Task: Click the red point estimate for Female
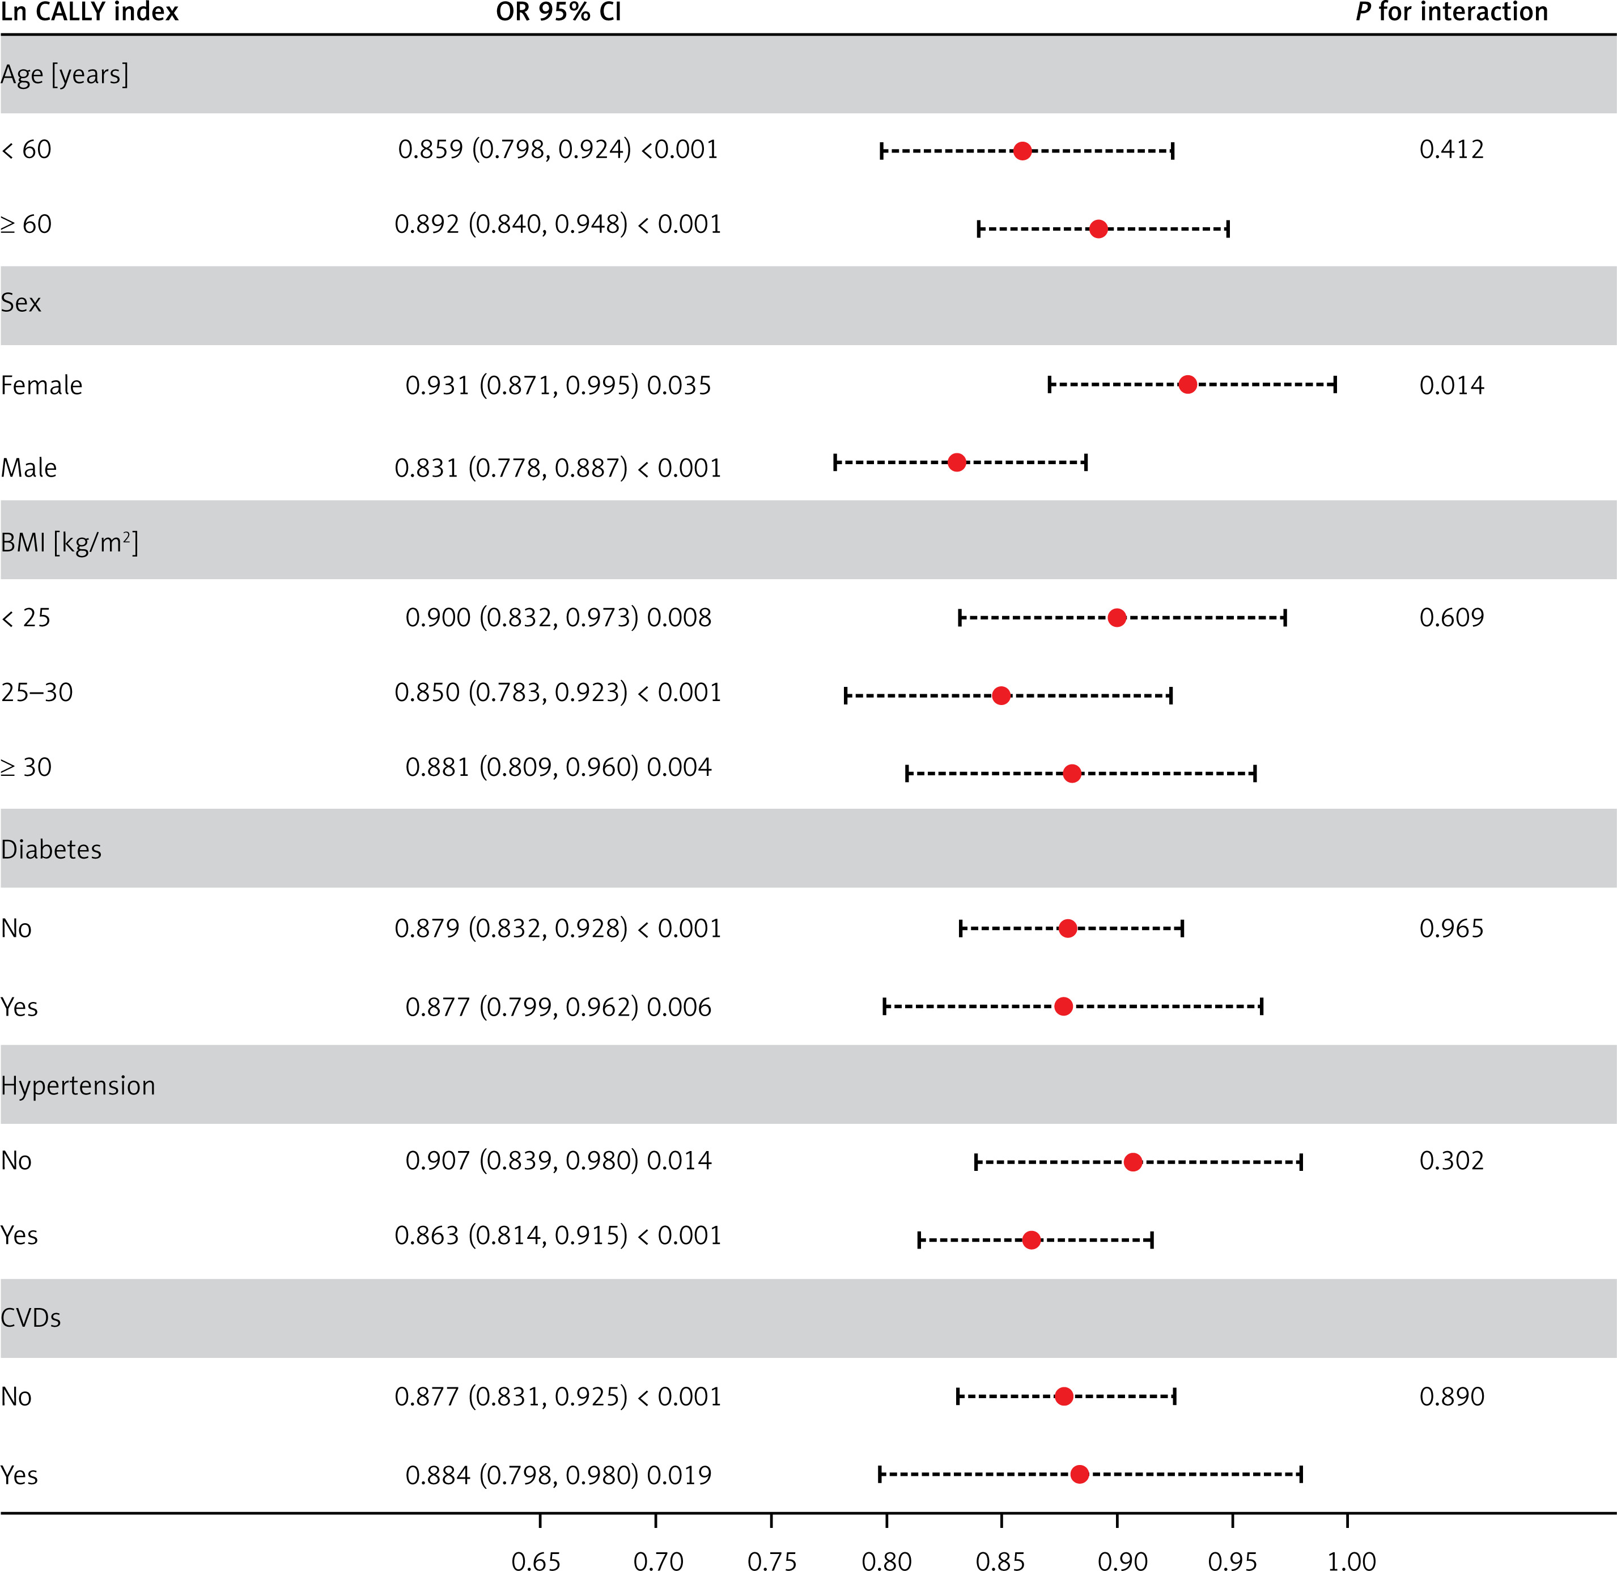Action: [x=1187, y=384]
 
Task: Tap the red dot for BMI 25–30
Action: [x=1001, y=695]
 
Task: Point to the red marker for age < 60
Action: [x=1022, y=151]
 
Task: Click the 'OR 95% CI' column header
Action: [x=558, y=12]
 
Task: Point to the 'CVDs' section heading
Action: [x=31, y=1318]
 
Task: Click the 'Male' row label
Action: [x=29, y=468]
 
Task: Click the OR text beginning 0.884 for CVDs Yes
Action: [x=558, y=1475]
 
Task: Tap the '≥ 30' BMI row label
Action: [x=27, y=767]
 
